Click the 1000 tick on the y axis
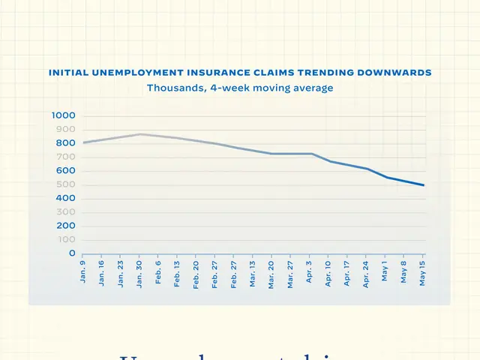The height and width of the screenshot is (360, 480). coord(64,115)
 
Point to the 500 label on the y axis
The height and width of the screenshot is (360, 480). coord(67,184)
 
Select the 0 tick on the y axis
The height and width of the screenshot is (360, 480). coord(73,253)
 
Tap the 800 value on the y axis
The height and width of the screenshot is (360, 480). coord(67,143)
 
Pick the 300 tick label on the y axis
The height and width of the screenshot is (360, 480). coord(67,212)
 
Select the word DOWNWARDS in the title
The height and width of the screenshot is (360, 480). coord(397,73)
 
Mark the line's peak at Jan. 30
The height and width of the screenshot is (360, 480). coord(139,134)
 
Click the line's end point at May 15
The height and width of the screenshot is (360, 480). coord(424,185)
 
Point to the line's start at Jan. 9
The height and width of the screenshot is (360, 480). coord(83,142)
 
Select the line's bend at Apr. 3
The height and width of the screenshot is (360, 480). coord(310,154)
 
